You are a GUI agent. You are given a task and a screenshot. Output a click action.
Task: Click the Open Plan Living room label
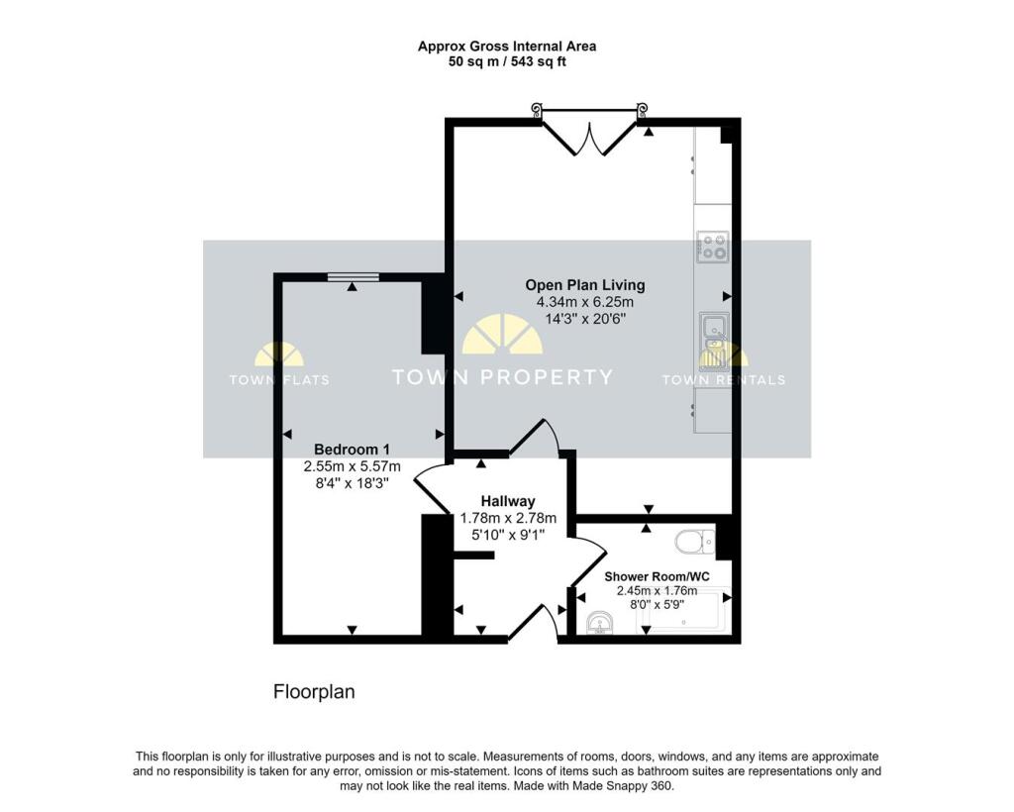tap(584, 285)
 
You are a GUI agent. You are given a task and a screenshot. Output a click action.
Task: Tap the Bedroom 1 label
tap(352, 450)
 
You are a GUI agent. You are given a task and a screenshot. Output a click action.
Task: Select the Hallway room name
tap(508, 501)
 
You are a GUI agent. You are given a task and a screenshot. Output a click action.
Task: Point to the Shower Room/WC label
tap(658, 576)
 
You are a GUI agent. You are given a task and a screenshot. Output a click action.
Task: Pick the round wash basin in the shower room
tap(602, 623)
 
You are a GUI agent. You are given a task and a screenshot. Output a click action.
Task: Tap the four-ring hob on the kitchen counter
tap(713, 247)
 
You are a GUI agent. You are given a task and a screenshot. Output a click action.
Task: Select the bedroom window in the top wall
tap(353, 277)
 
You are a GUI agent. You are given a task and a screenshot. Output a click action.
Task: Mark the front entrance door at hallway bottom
tap(533, 625)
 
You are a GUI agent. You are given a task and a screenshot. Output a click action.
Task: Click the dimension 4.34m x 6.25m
tap(584, 302)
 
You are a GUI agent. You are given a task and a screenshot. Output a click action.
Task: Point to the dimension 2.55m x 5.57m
tap(352, 466)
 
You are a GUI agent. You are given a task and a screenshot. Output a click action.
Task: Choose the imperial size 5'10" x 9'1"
tap(508, 536)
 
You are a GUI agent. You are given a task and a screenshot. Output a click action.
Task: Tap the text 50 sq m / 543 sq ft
tap(508, 62)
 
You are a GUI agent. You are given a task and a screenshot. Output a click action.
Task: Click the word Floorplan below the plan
tap(314, 692)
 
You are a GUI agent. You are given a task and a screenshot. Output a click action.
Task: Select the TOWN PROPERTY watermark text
tap(502, 377)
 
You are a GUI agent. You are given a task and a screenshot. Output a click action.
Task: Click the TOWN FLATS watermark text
tap(279, 380)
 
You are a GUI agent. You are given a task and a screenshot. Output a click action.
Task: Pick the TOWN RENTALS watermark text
tap(724, 380)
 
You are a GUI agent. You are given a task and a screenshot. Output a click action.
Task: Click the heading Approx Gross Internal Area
tap(507, 47)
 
